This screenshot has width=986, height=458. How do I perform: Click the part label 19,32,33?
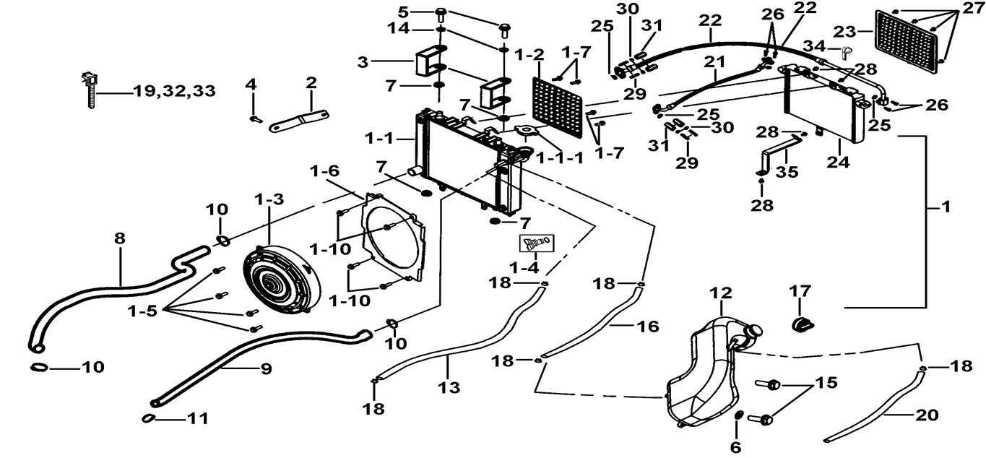point(173,92)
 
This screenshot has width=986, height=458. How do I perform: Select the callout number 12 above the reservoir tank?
point(720,293)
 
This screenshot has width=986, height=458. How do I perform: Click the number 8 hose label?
point(120,238)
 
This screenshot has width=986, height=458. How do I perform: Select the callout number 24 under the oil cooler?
point(838,163)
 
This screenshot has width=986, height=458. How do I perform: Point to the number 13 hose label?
point(449,388)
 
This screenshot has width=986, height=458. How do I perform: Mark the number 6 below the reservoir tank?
point(735,447)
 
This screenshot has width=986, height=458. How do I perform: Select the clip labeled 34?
point(849,51)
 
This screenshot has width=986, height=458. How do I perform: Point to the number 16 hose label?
point(648,327)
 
